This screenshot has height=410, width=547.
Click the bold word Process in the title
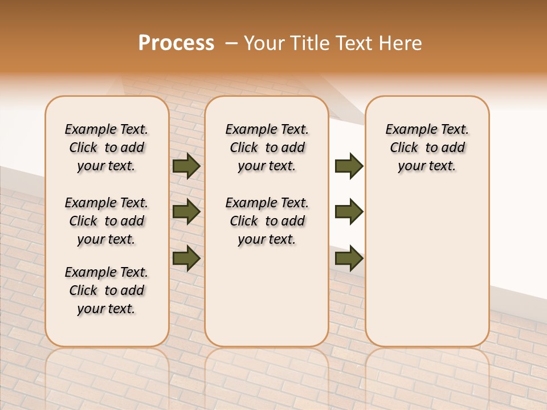pos(176,43)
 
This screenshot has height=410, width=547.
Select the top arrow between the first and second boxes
pos(186,166)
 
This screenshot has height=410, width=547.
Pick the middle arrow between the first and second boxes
pos(186,212)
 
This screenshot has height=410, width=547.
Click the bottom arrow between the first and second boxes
pos(186,258)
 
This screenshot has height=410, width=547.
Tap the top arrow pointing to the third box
pos(349,166)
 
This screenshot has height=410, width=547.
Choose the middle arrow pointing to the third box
pos(349,212)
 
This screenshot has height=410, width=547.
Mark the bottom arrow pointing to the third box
pos(349,258)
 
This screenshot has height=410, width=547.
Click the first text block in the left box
pos(107,147)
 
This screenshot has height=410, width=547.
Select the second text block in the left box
pos(107,221)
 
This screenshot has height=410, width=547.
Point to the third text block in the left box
pos(107,290)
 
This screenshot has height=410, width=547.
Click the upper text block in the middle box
pos(267,147)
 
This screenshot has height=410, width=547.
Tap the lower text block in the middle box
pos(267,221)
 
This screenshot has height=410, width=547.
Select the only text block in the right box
pos(427,147)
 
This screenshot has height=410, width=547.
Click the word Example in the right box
pos(406,130)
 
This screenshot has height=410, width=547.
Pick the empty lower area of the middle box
pos(267,296)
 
